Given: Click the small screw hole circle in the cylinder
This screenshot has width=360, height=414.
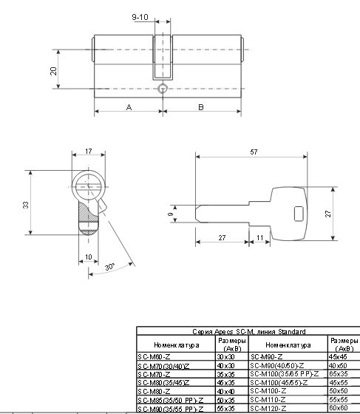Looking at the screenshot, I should (x=161, y=87).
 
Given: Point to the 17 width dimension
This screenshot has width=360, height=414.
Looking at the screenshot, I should (x=89, y=152).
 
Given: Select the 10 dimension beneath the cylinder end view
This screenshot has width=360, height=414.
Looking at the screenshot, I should (x=89, y=256).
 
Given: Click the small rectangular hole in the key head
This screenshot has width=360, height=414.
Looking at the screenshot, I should (x=299, y=214).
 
